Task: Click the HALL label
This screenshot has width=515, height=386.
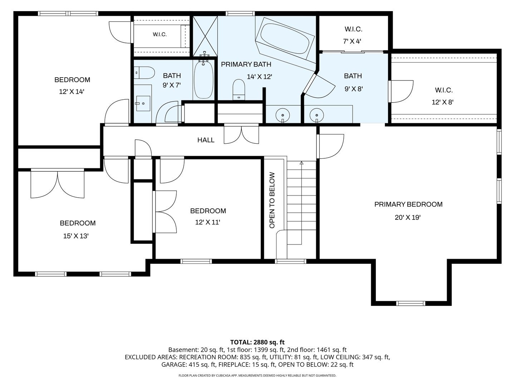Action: [x=206, y=140]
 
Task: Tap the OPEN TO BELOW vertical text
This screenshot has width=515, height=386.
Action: [x=272, y=200]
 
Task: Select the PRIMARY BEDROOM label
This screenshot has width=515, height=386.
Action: [x=408, y=204]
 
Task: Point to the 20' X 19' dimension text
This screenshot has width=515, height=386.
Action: [x=408, y=218]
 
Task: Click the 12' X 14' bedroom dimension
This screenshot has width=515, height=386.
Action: [x=72, y=91]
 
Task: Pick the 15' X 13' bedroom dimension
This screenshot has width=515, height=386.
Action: [x=76, y=236]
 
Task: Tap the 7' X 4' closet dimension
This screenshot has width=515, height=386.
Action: [x=352, y=41]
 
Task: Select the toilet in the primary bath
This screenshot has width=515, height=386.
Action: [x=239, y=90]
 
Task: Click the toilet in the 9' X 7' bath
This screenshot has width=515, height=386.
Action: [x=144, y=73]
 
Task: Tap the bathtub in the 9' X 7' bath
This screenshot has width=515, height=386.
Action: [x=203, y=79]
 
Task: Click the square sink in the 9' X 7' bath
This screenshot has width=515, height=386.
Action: [x=143, y=103]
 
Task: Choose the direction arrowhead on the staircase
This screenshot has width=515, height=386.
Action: [x=301, y=163]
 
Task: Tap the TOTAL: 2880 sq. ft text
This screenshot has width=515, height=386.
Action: [x=257, y=342]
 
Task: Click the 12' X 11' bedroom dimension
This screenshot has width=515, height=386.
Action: [x=208, y=222]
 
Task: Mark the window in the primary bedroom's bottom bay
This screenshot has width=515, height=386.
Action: [x=411, y=303]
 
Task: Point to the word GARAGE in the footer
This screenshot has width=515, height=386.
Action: [x=172, y=365]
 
